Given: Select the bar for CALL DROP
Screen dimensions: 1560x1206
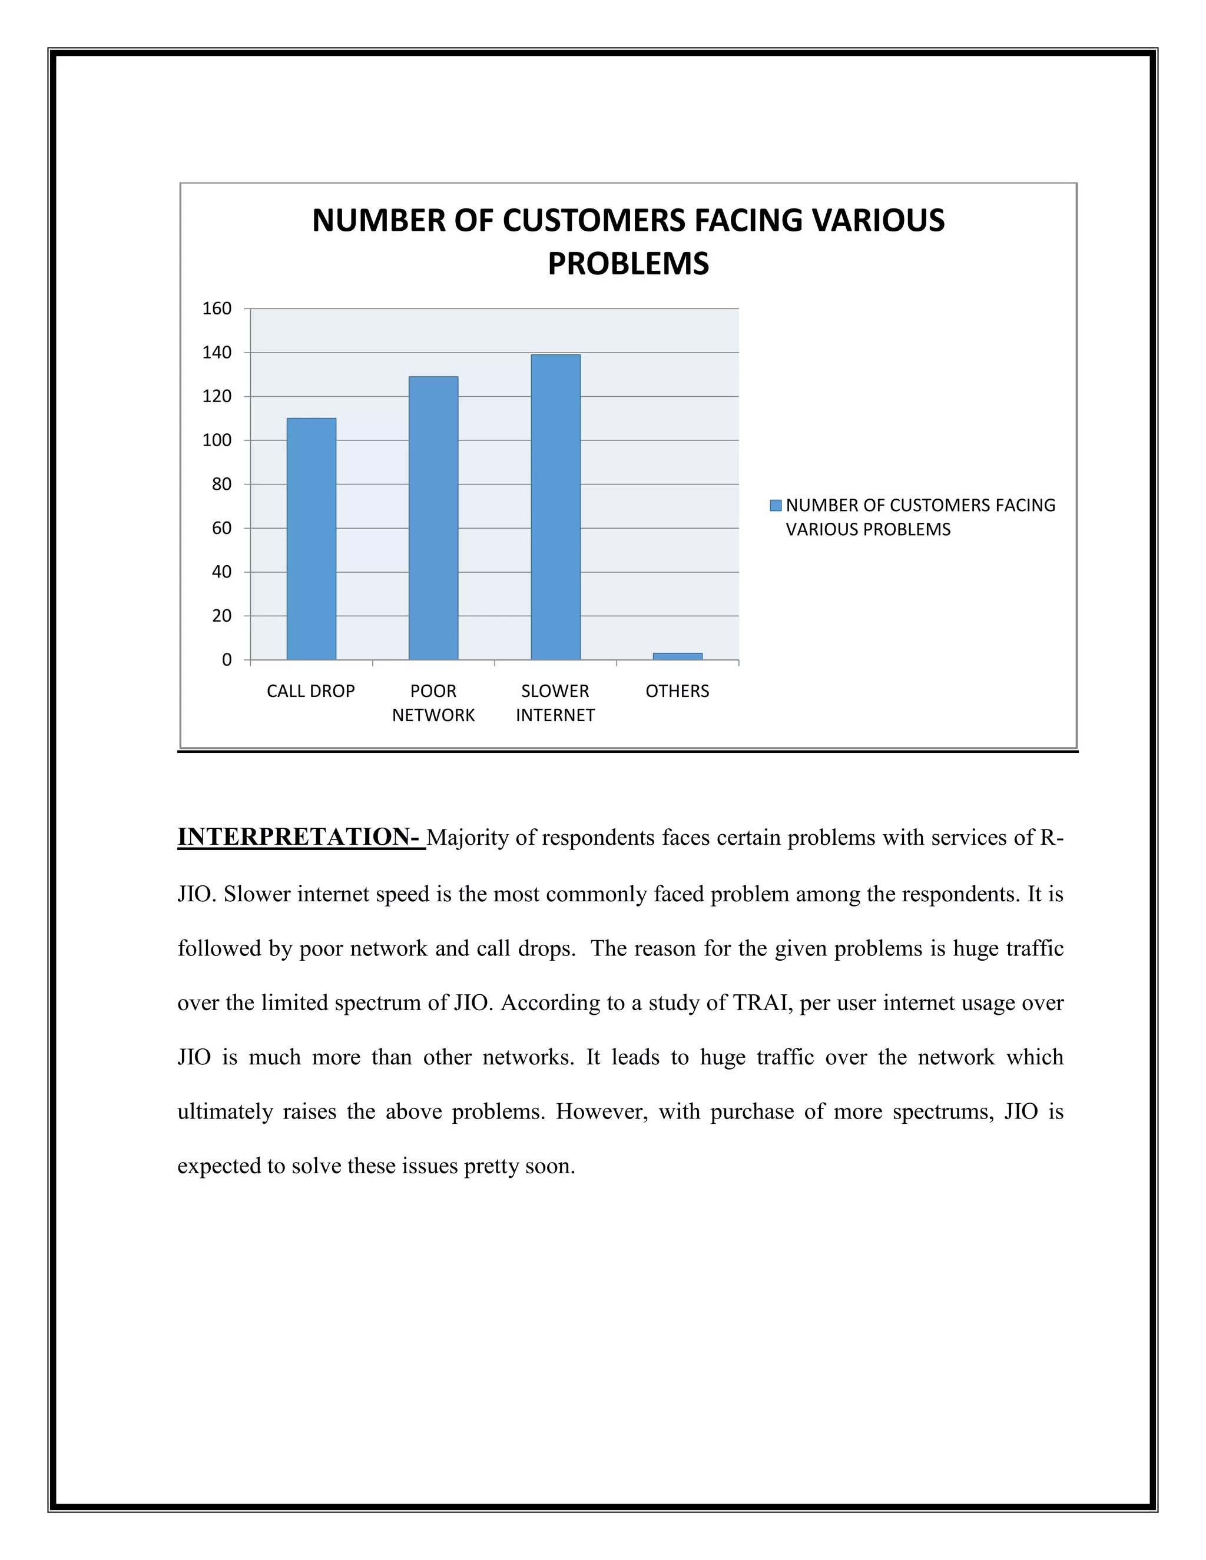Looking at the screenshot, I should (x=311, y=539).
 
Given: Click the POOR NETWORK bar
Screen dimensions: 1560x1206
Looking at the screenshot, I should (x=433, y=518).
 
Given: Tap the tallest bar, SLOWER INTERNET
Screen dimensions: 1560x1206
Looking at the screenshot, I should (x=555, y=506).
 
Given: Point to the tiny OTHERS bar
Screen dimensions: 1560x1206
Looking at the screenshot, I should (x=677, y=656).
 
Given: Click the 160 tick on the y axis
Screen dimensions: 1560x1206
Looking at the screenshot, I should (x=217, y=308).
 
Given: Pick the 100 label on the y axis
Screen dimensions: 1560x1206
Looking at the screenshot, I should (x=217, y=440).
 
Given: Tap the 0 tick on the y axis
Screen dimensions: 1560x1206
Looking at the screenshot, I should (x=227, y=660).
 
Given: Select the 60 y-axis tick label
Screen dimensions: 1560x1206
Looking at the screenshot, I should (x=221, y=528).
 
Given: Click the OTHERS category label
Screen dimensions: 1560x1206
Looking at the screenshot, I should (x=677, y=691).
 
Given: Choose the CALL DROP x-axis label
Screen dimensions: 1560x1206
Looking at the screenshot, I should (x=311, y=691).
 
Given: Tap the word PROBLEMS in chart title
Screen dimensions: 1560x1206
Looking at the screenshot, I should (x=628, y=264).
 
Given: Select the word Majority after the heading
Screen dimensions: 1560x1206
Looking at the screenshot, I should (x=468, y=837).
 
